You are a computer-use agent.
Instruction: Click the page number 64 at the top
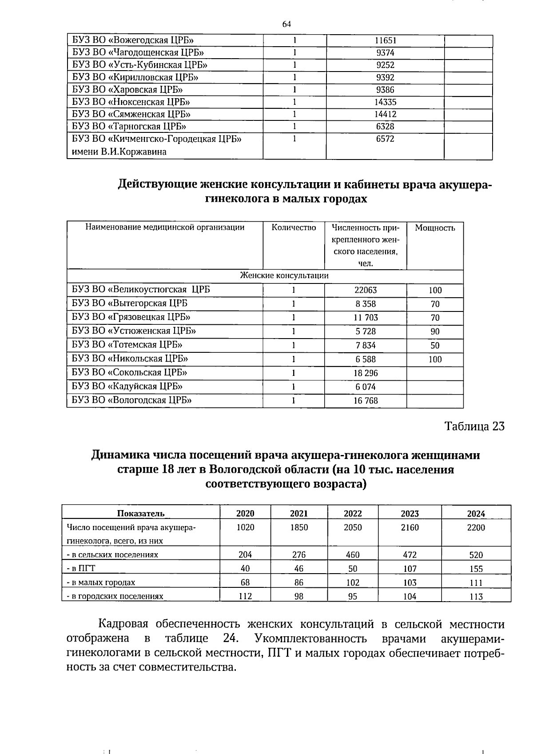[286, 24]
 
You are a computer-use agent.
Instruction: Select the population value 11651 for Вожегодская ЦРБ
[385, 40]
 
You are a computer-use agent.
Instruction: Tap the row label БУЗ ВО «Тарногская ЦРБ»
[129, 126]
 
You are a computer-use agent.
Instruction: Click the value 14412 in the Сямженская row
[385, 114]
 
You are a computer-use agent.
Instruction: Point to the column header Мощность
[435, 228]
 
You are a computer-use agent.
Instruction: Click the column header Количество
[294, 228]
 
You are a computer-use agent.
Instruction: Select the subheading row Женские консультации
[284, 275]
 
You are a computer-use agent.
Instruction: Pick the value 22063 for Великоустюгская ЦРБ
[366, 290]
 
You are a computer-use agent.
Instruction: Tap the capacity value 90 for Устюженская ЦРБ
[435, 331]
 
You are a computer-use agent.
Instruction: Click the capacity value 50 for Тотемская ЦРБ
[435, 345]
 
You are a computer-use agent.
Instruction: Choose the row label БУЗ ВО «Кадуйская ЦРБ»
[127, 386]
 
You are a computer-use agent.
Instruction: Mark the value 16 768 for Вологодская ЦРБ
[366, 401]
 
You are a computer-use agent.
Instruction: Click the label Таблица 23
[474, 427]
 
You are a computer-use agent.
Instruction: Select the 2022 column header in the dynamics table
[353, 514]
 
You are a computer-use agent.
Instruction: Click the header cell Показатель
[141, 514]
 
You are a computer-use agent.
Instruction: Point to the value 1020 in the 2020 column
[245, 527]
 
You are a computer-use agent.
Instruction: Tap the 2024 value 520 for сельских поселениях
[476, 555]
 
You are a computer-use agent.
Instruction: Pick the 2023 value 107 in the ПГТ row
[410, 569]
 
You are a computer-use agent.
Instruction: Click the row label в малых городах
[101, 582]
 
